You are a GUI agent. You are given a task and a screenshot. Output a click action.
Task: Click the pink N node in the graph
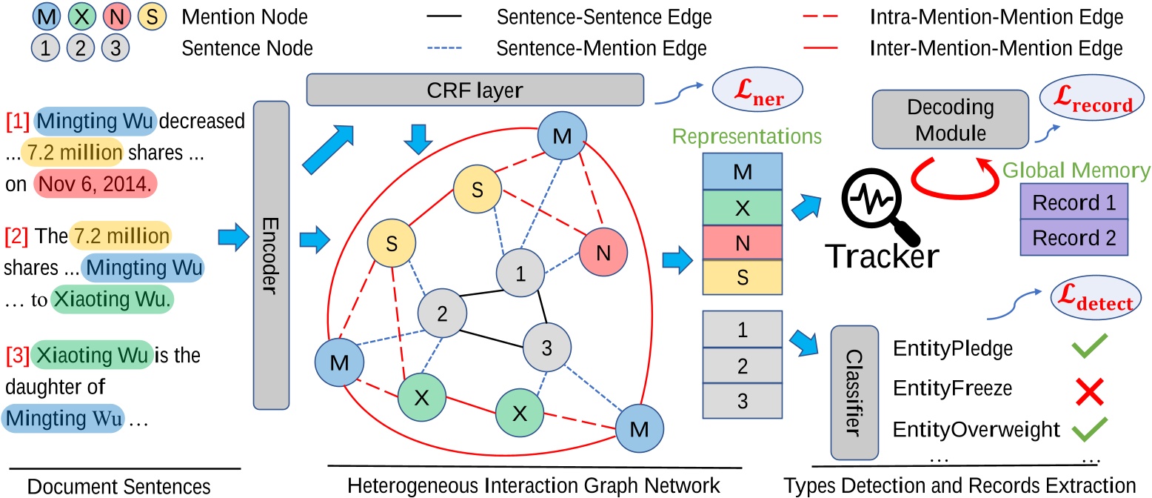603,253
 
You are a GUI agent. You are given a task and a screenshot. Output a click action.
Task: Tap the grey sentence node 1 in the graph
520,273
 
